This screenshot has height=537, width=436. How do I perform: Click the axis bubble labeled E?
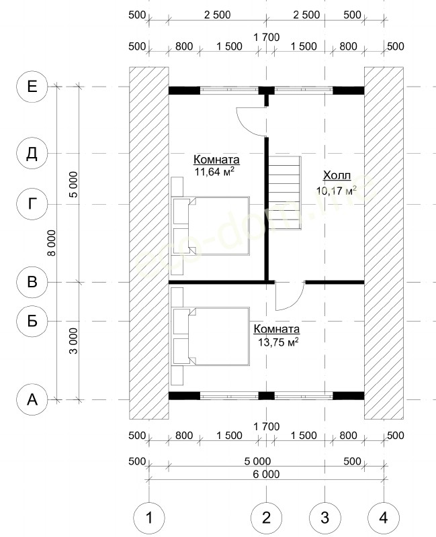[x=32, y=87]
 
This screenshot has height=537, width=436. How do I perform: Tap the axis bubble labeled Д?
[x=32, y=154]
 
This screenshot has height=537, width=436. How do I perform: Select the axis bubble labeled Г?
[x=32, y=205]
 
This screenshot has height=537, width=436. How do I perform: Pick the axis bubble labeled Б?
[x=32, y=322]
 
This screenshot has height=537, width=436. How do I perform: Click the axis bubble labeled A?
[x=32, y=399]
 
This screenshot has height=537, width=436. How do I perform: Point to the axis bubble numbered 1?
[x=148, y=518]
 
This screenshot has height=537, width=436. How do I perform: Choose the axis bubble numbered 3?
[x=325, y=518]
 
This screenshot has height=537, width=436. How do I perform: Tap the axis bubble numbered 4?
[x=384, y=518]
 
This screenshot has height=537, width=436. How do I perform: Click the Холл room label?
[x=337, y=176]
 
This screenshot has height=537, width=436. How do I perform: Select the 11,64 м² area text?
[x=214, y=172]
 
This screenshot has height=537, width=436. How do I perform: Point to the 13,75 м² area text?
[x=278, y=342]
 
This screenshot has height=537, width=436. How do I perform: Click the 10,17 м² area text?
[x=337, y=191]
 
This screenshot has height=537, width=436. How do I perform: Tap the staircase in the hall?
[x=284, y=193]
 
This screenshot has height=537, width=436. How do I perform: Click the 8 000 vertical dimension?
[x=52, y=243]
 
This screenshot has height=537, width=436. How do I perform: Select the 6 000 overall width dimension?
[x=267, y=475]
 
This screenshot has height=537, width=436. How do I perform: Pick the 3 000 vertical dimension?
[x=74, y=341]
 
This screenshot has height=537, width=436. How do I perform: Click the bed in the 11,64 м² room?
[x=210, y=226]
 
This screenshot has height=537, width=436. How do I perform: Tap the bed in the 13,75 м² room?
[x=210, y=336]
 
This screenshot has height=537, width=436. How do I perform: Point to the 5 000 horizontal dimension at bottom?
[x=257, y=461]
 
